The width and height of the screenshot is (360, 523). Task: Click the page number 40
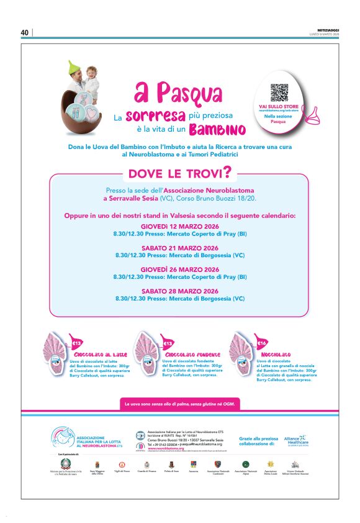25,32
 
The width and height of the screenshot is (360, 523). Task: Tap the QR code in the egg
279,93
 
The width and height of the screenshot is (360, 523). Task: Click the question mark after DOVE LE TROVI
228,170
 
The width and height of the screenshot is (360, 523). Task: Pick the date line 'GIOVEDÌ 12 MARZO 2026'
180,227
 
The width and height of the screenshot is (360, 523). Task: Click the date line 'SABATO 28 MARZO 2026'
180,291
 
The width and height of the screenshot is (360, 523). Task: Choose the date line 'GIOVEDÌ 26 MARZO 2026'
180,270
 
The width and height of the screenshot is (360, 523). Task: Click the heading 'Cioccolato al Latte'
97,355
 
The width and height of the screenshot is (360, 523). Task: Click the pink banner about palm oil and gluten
179,404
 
